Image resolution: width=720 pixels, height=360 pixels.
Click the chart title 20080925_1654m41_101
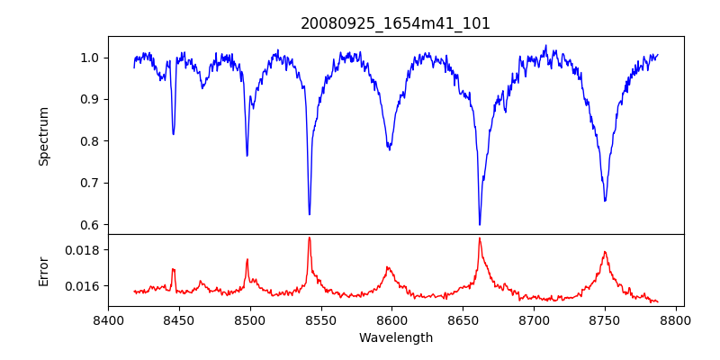pyautogui.click(x=395, y=23)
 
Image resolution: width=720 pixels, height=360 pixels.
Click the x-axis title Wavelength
pyautogui.click(x=395, y=338)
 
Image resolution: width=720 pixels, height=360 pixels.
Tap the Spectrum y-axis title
pyautogui.click(x=44, y=136)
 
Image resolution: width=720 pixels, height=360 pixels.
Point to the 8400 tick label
pyautogui.click(x=108, y=319)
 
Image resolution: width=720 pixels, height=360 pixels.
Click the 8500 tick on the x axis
pyautogui.click(x=250, y=319)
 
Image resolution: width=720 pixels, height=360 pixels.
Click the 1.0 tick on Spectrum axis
pyautogui.click(x=89, y=58)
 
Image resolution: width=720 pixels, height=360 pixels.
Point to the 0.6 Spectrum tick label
pyautogui.click(x=89, y=225)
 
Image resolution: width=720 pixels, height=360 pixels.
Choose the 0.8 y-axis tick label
pyautogui.click(x=89, y=141)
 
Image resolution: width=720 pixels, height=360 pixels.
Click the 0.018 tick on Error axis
pyautogui.click(x=84, y=249)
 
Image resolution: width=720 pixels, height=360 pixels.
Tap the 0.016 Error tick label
pyautogui.click(x=84, y=286)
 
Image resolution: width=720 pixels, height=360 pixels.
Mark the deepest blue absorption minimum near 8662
pyautogui.click(x=480, y=224)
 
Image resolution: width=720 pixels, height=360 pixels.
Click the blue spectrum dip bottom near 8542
pyautogui.click(x=310, y=214)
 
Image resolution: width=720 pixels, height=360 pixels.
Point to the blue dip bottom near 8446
pyautogui.click(x=174, y=134)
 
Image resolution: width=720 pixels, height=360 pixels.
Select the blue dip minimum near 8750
pyautogui.click(x=605, y=201)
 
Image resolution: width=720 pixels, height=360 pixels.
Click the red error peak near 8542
pyautogui.click(x=309, y=238)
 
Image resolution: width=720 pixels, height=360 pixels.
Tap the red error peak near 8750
pyautogui.click(x=605, y=252)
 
